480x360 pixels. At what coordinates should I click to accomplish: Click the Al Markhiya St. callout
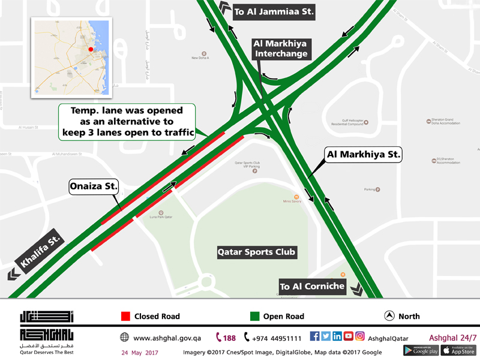[x=362, y=155]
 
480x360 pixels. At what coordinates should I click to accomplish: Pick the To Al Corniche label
[x=312, y=286]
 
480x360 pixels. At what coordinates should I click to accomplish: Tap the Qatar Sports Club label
[x=256, y=252]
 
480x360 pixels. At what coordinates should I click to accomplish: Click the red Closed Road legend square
[x=125, y=316]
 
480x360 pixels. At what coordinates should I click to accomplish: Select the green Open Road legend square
[x=254, y=316]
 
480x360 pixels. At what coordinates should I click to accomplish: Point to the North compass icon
[x=389, y=316]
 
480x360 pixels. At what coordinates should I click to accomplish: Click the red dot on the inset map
[x=90, y=49]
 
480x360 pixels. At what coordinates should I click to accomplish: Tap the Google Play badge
[x=421, y=350]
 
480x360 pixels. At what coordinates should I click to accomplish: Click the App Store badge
[x=459, y=350]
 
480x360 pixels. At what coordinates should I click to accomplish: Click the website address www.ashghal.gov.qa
[x=167, y=338]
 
